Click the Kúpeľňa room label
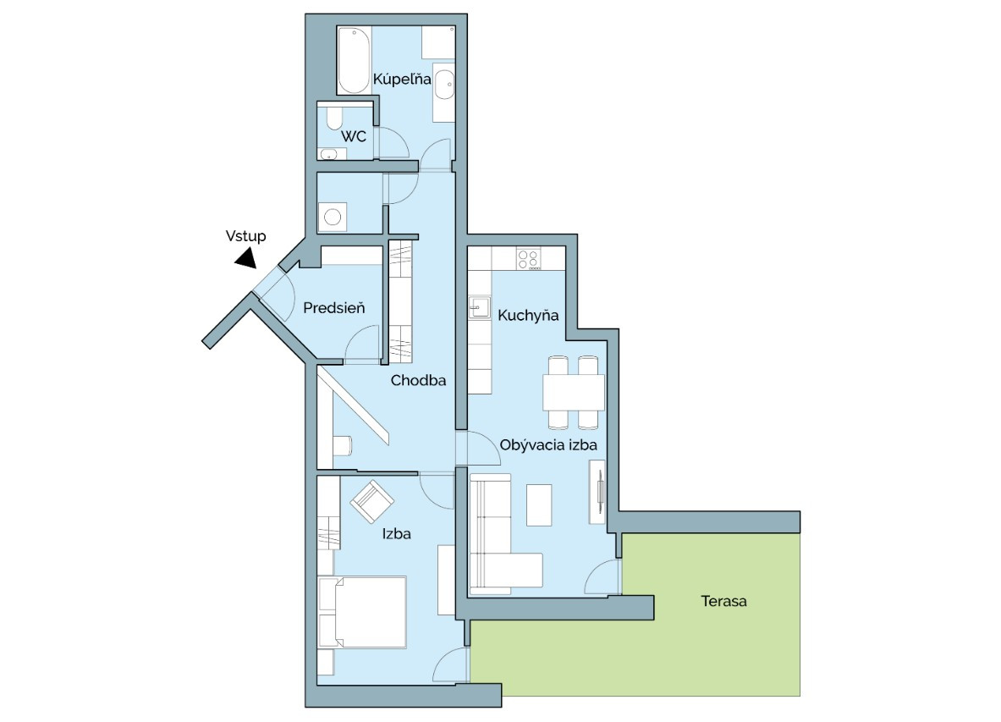tap(402, 80)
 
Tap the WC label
tap(354, 136)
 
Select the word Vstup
tap(245, 236)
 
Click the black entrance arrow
tap(245, 258)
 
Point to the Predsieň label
tap(334, 308)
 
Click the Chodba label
tap(418, 381)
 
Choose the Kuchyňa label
tap(528, 315)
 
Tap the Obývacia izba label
tap(548, 445)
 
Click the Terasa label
tap(724, 601)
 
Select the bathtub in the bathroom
tap(354, 60)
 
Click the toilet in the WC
tap(334, 118)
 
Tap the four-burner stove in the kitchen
tap(529, 258)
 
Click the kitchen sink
tap(480, 307)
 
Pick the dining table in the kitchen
tap(574, 392)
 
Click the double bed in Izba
tap(363, 612)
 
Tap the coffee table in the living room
tap(539, 505)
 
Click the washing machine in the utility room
tap(333, 217)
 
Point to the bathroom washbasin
tap(443, 85)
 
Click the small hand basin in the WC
tap(329, 153)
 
